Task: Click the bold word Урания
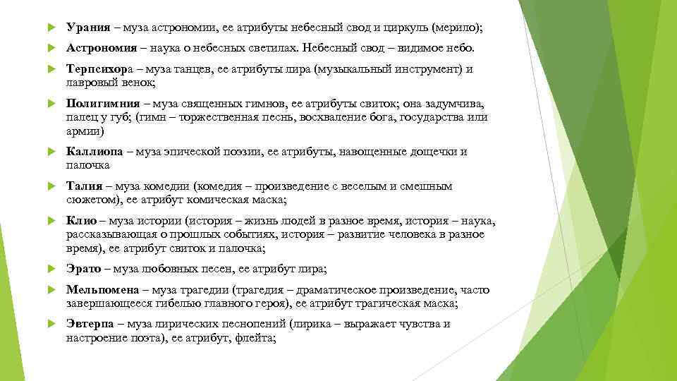[88, 28]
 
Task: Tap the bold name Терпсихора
[98, 69]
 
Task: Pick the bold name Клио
[81, 221]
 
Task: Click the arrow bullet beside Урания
[49, 28]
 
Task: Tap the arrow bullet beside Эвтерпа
[49, 325]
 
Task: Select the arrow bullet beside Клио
[49, 222]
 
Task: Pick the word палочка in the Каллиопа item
[88, 165]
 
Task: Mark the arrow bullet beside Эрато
[49, 270]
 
